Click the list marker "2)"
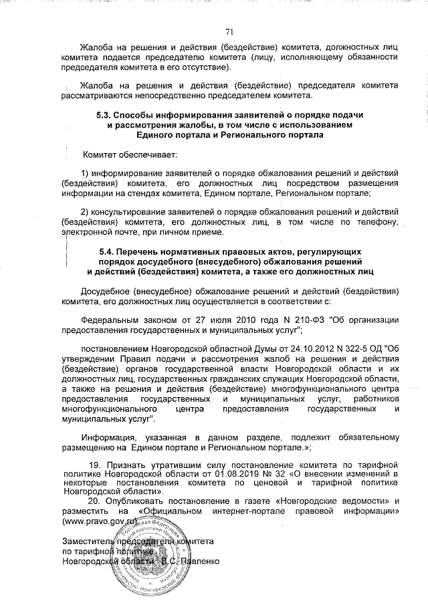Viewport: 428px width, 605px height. (x=84, y=212)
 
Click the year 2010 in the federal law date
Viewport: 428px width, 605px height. (x=232, y=320)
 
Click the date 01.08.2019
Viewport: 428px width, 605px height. (x=245, y=473)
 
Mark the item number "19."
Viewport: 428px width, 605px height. (x=96, y=463)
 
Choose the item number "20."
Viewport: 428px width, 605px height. (x=96, y=501)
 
